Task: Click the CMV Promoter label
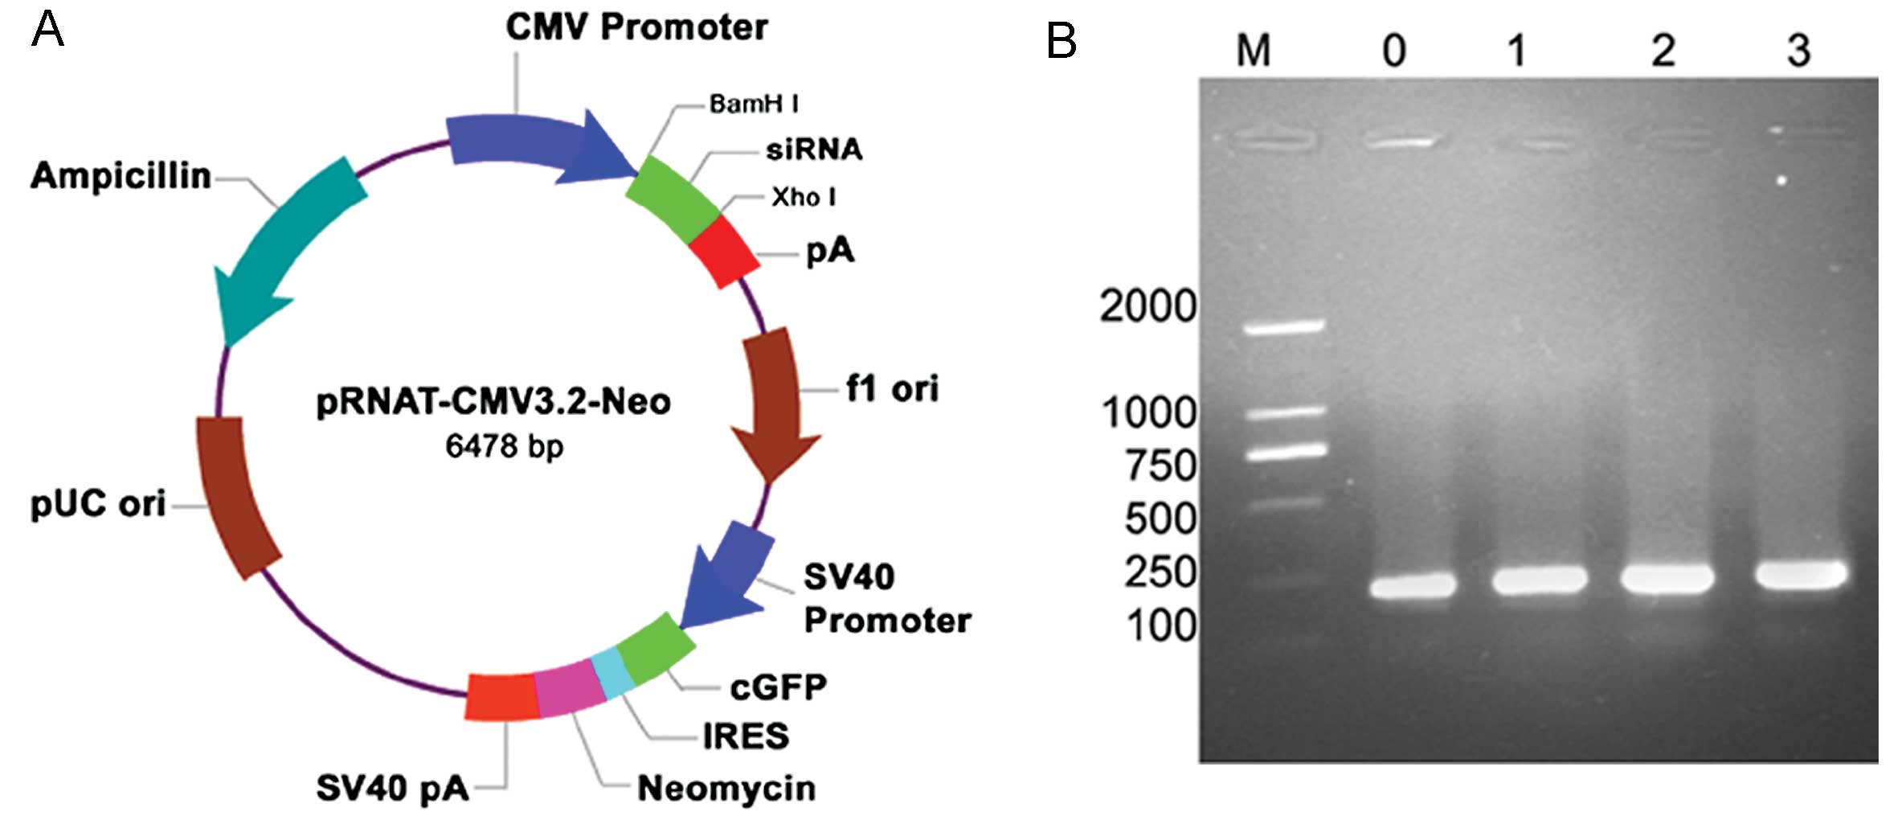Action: [x=636, y=27]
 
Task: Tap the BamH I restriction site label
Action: [x=753, y=104]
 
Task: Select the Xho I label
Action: [x=803, y=197]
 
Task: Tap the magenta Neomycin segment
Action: [x=569, y=688]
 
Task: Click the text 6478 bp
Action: [x=505, y=445]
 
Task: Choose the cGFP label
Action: [x=778, y=687]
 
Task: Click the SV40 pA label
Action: [x=392, y=788]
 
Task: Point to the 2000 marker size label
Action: [x=1147, y=306]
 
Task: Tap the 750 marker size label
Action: [x=1160, y=465]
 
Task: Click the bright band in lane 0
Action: [x=1413, y=584]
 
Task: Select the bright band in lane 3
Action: [x=1801, y=574]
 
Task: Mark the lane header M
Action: [x=1254, y=51]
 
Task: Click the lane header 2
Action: [x=1663, y=51]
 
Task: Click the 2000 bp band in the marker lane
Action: [x=1283, y=326]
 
